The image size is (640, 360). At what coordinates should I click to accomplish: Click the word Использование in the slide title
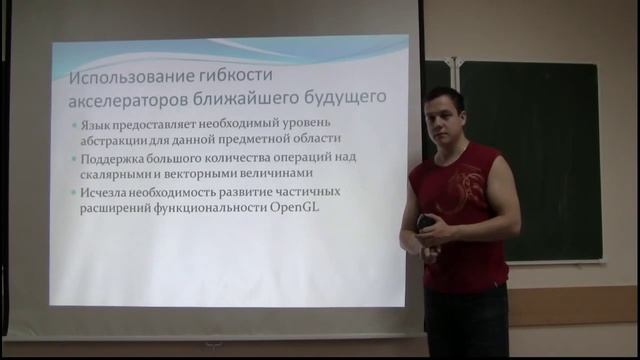click(x=138, y=78)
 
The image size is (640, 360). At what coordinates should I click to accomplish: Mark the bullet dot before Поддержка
click(x=79, y=159)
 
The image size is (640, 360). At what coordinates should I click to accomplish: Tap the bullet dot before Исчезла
click(x=79, y=192)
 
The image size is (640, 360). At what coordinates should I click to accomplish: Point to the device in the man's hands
click(x=426, y=225)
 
